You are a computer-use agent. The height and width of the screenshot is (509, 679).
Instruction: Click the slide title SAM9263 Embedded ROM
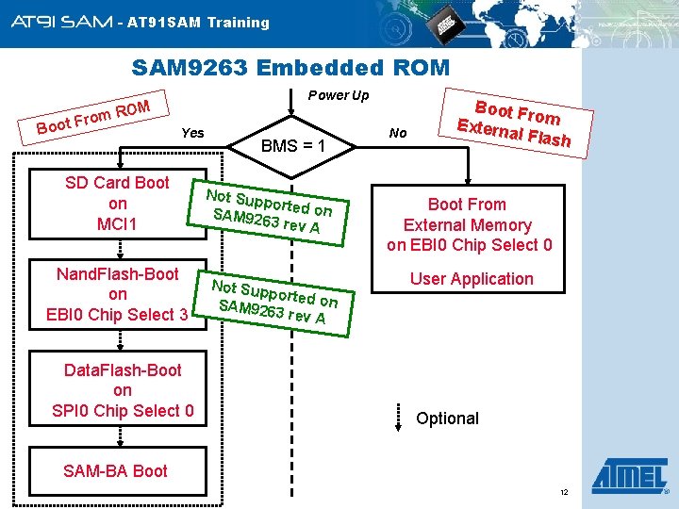[290, 68]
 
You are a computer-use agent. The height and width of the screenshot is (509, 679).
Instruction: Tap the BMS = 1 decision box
[292, 146]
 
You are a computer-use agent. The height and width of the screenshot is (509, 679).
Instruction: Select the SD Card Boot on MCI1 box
[117, 204]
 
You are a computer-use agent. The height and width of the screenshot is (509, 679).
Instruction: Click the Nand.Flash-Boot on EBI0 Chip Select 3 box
[117, 294]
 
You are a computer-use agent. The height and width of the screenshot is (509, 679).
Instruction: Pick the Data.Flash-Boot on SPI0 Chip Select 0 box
[123, 390]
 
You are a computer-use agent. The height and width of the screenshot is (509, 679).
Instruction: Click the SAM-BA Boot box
[115, 470]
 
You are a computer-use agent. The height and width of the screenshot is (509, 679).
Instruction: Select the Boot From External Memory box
[468, 224]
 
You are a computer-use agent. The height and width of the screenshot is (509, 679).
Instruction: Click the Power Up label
[339, 95]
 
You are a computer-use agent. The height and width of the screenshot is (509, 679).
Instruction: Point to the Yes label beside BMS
[191, 133]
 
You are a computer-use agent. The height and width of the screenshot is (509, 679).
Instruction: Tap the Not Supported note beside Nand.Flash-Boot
[273, 302]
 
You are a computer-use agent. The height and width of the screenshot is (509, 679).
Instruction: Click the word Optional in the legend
[447, 419]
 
